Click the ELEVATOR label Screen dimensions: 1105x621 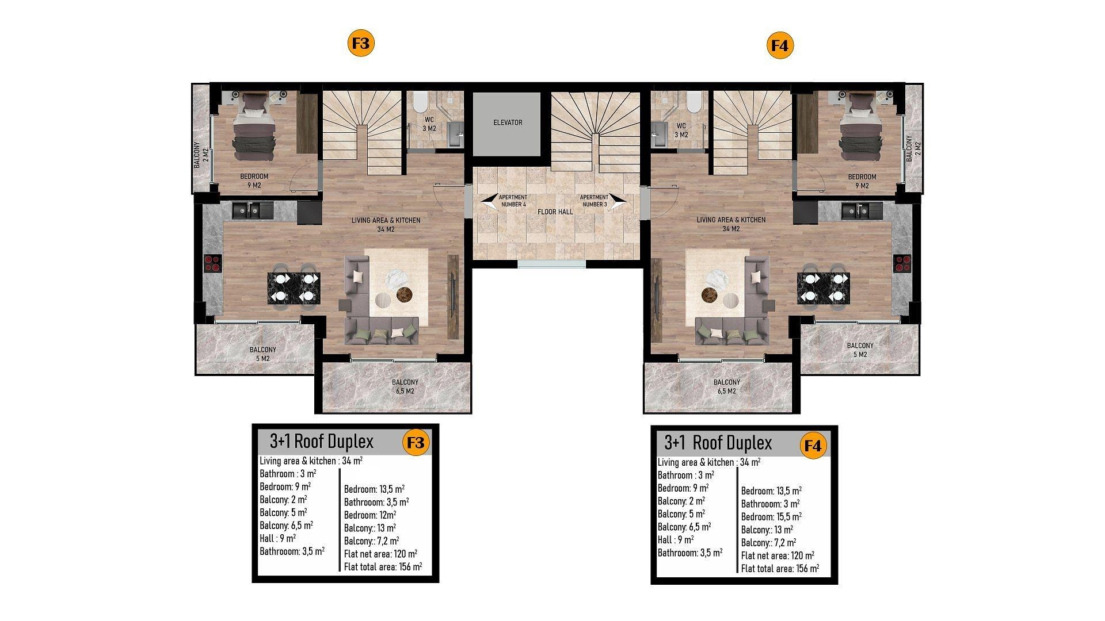(x=508, y=122)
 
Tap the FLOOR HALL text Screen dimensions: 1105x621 (x=555, y=212)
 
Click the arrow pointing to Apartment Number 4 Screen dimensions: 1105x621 (x=490, y=201)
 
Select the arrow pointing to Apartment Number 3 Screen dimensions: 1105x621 (x=619, y=201)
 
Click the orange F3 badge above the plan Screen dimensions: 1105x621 (x=362, y=44)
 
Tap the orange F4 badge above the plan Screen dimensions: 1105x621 (x=780, y=45)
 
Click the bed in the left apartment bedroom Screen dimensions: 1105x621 (x=254, y=127)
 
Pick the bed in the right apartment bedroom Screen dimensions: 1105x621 (x=861, y=127)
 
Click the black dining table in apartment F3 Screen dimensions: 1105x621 (x=294, y=287)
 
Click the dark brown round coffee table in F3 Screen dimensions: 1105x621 (x=405, y=294)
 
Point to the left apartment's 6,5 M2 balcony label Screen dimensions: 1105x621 (x=405, y=386)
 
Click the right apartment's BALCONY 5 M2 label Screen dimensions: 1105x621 (x=860, y=350)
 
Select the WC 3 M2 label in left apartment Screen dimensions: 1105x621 (x=429, y=124)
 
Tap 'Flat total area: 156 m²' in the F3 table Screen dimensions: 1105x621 (x=383, y=567)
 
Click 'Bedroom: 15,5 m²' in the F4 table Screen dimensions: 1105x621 (x=771, y=517)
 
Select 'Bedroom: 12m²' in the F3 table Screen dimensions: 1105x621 (x=370, y=515)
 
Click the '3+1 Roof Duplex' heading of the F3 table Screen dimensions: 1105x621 (x=322, y=442)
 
